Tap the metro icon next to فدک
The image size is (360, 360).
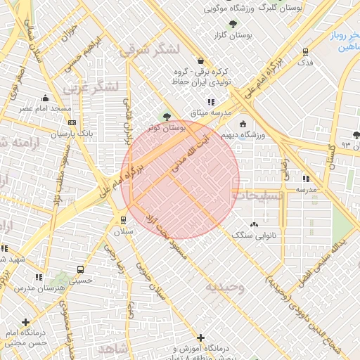pyautogui.click(x=305, y=51)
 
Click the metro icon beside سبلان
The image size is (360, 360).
pyautogui.click(x=124, y=219)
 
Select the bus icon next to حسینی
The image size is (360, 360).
pyautogui.click(x=79, y=269)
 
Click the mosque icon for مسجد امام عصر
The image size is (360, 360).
pyautogui.click(x=46, y=98)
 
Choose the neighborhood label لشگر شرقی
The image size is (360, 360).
pyautogui.click(x=150, y=49)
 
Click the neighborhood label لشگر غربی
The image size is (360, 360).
pyautogui.click(x=91, y=88)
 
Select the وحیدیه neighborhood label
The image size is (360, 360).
pyautogui.click(x=225, y=287)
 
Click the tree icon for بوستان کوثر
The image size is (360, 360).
pyautogui.click(x=167, y=117)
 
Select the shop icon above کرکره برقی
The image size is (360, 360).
pyautogui.click(x=202, y=60)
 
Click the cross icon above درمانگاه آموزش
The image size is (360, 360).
pyautogui.click(x=201, y=337)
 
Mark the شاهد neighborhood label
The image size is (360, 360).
pyautogui.click(x=112, y=349)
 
